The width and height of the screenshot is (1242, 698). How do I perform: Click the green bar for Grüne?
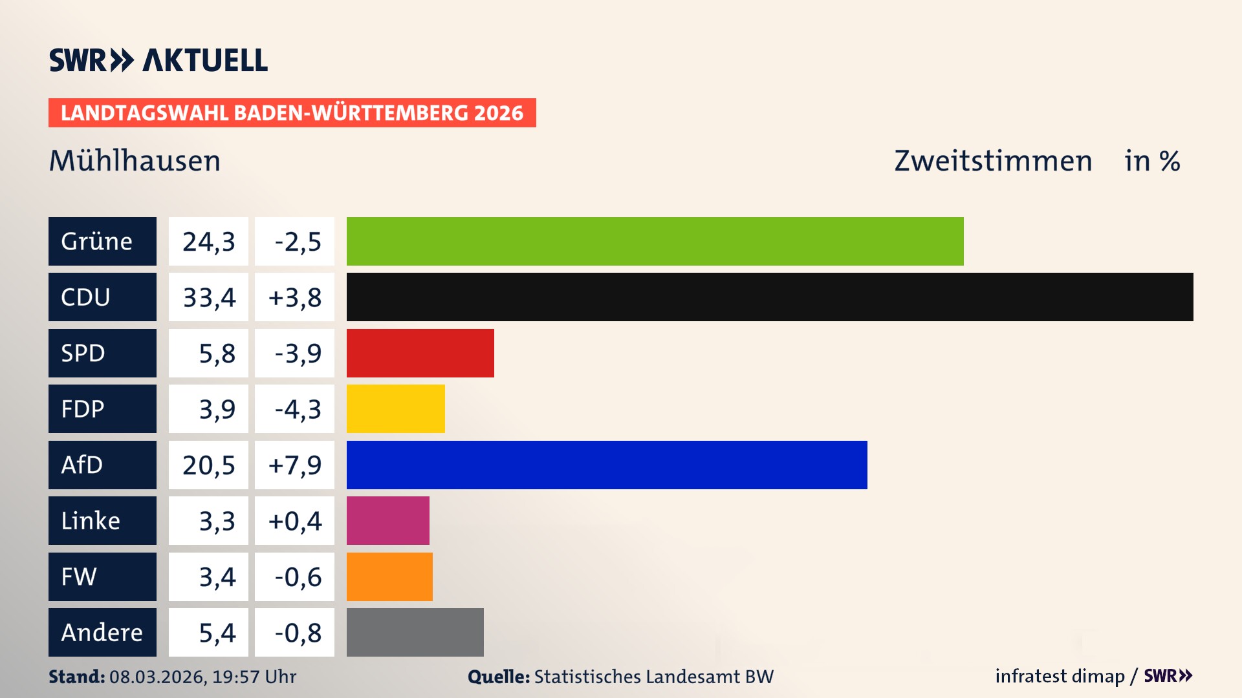[x=655, y=241]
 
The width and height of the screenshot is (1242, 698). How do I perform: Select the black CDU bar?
[x=770, y=297]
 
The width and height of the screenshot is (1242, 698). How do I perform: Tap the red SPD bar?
[x=420, y=353]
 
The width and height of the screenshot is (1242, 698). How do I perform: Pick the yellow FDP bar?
[x=395, y=408]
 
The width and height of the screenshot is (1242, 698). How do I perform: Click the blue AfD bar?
[x=607, y=465]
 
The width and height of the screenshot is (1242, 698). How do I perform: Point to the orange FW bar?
[x=389, y=576]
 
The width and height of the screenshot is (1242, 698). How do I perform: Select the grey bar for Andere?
[x=415, y=632]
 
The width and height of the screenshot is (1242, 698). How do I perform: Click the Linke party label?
[x=102, y=520]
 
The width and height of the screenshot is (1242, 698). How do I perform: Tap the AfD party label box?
[x=102, y=465]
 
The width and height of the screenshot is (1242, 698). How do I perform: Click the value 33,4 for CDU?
[x=208, y=297]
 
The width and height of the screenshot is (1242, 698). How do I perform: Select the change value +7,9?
[x=294, y=465]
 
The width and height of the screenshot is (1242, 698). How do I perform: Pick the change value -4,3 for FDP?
[x=294, y=408]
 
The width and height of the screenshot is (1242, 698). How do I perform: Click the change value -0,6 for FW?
[x=294, y=576]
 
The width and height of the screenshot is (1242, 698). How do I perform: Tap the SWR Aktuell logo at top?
[x=158, y=60]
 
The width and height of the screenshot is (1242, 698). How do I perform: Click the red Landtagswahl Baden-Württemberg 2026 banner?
[x=292, y=113]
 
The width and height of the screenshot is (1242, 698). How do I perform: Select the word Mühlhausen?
[x=135, y=161]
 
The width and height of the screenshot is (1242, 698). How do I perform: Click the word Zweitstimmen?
[x=993, y=161]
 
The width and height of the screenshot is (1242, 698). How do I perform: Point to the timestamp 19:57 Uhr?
[x=254, y=677]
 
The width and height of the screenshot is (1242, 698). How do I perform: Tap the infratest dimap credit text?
[x=1060, y=676]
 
